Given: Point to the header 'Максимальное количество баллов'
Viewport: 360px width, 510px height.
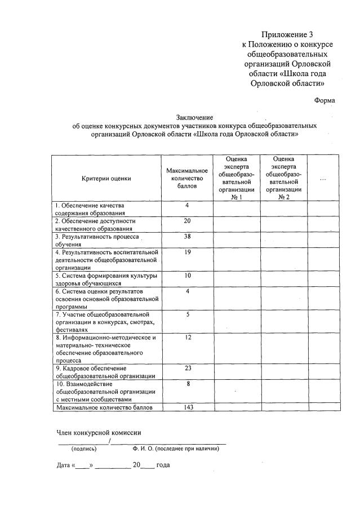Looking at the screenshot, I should click(187, 178).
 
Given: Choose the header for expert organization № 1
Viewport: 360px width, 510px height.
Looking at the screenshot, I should click(236, 178).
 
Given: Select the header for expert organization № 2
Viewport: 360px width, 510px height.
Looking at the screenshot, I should click(283, 178).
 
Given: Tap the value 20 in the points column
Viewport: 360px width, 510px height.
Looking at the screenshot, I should click(187, 221).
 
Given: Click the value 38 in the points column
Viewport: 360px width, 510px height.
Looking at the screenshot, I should click(187, 237).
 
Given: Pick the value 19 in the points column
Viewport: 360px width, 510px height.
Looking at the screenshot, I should click(187, 252).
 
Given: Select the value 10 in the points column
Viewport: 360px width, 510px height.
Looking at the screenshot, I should click(187, 276).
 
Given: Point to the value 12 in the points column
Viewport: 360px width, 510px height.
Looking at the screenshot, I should click(187, 337).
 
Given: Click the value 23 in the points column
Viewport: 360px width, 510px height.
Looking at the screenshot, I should click(187, 368).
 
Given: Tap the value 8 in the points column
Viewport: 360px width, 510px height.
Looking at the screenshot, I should click(187, 384).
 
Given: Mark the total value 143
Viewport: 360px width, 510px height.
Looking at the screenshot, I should click(187, 407).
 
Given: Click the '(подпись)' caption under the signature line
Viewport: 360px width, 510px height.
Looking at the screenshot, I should click(83, 449).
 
